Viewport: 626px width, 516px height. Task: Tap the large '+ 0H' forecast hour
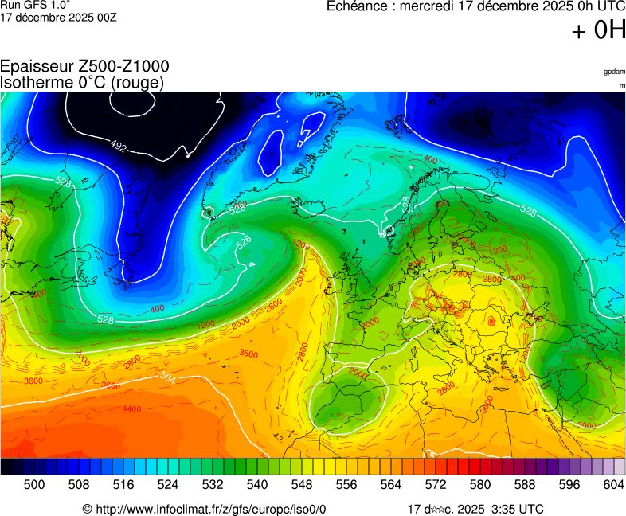coord(599,31)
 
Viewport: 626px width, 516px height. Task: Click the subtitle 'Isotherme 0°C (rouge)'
coord(83,82)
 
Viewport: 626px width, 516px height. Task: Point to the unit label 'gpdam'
coord(614,72)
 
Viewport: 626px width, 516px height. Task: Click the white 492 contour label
coord(119,147)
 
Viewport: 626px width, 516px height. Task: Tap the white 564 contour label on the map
coord(167,377)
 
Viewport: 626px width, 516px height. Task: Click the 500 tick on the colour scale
coord(34,484)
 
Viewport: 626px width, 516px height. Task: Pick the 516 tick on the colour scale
coord(123,484)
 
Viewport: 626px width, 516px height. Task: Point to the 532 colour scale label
coord(213,484)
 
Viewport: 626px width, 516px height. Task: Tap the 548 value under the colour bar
coord(302,484)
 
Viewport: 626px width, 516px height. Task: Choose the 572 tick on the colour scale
coord(436,484)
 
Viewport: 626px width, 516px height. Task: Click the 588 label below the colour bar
coord(525,484)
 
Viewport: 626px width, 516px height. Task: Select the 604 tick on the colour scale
coord(613,484)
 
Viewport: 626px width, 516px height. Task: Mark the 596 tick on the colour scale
coord(569,484)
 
